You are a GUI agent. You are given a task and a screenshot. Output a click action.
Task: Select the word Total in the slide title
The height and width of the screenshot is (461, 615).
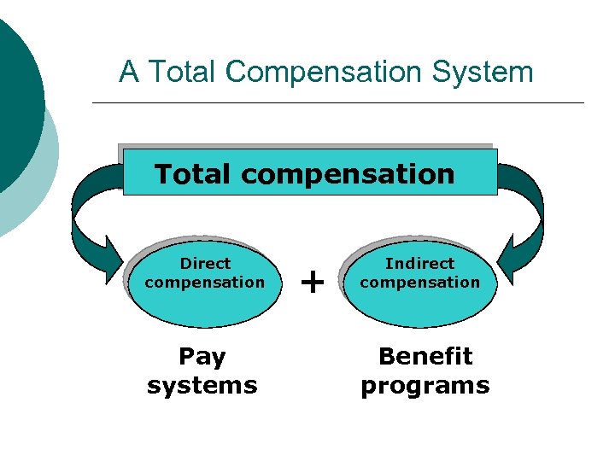182,72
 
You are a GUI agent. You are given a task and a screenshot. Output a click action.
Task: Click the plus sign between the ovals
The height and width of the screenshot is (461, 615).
314,280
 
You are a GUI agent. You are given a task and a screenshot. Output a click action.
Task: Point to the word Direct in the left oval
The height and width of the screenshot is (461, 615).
205,263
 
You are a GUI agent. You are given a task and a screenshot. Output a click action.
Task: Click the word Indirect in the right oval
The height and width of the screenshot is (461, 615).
420,263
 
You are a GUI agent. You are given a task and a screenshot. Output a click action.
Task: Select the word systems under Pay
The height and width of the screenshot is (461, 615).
202,385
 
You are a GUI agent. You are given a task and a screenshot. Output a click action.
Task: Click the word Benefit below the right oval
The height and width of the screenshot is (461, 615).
425,355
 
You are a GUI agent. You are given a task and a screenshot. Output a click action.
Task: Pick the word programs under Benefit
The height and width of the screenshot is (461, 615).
425,385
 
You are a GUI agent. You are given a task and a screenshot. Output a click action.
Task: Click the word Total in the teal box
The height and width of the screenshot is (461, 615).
193,174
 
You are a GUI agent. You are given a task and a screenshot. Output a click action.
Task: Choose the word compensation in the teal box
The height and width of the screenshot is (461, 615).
348,175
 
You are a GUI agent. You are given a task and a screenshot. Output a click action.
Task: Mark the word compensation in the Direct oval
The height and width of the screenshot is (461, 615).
205,282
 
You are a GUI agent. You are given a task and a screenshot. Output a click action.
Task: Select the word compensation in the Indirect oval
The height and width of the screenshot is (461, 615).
420,282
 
